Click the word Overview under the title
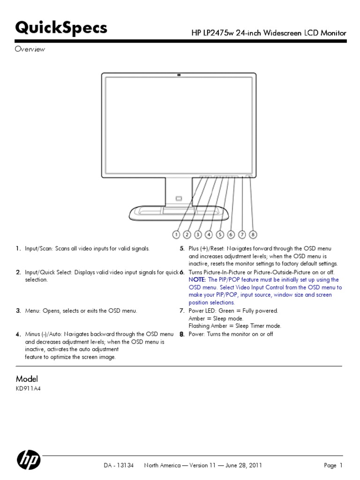click(x=30, y=49)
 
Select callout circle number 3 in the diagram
click(x=198, y=234)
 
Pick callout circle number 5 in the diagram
click(x=220, y=234)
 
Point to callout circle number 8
click(x=253, y=234)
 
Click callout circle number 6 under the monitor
click(x=231, y=234)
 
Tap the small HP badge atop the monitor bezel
click(x=179, y=75)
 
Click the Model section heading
click(x=27, y=379)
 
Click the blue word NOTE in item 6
click(x=197, y=280)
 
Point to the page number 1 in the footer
click(x=341, y=465)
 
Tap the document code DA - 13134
click(x=119, y=465)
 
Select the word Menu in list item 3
click(x=32, y=311)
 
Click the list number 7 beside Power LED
click(x=182, y=311)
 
